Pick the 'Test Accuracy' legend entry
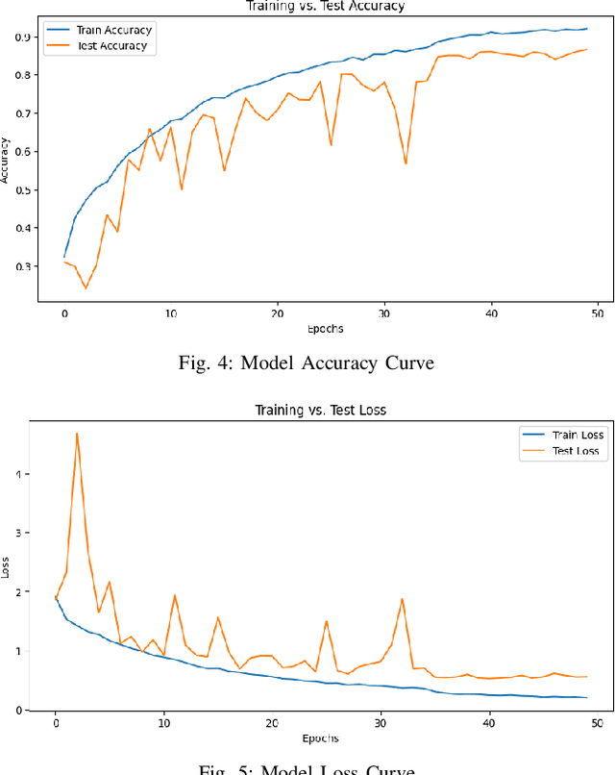click(111, 45)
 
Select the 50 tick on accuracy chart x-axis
click(597, 313)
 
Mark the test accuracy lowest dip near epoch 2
click(86, 288)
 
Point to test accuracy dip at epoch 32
click(406, 163)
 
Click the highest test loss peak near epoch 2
click(77, 433)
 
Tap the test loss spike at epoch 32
click(402, 599)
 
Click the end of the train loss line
click(585, 697)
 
